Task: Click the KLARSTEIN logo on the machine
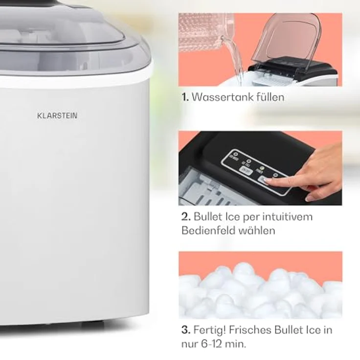(x=57, y=116)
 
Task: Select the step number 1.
(x=184, y=97)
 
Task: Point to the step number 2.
(x=185, y=216)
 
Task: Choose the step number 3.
(x=185, y=330)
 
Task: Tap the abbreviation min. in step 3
(x=237, y=344)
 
